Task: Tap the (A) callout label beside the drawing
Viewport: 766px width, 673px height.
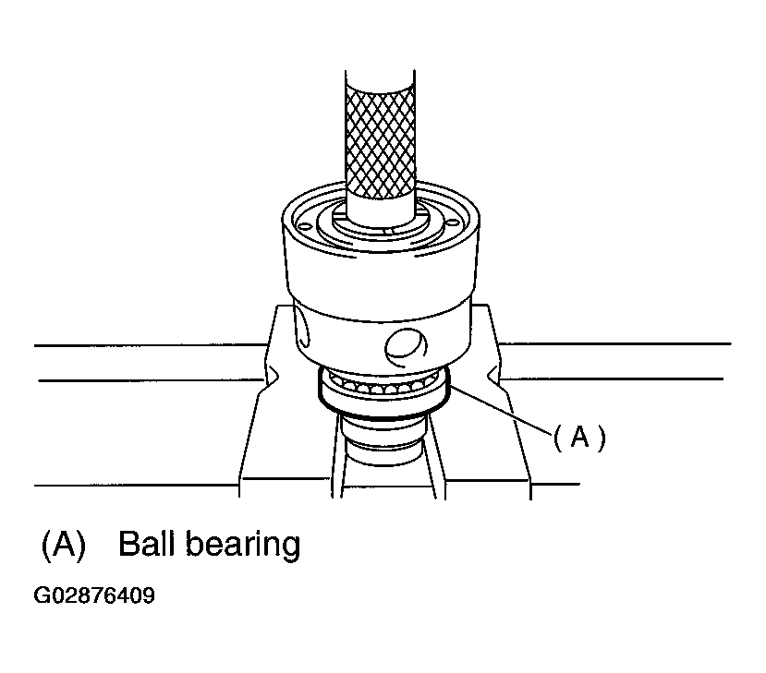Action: (x=579, y=437)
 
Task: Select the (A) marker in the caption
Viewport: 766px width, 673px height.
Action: (x=64, y=544)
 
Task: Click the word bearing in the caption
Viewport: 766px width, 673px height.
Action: (x=243, y=546)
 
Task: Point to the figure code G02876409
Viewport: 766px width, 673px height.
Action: (x=94, y=595)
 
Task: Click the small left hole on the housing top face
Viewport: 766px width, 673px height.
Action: (x=304, y=226)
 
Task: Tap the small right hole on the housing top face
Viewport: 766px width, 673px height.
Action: (x=454, y=222)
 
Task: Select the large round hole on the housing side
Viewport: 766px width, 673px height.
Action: (x=406, y=347)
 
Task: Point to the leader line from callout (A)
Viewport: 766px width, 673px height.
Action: (x=500, y=407)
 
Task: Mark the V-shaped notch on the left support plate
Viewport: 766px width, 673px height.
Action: (x=272, y=376)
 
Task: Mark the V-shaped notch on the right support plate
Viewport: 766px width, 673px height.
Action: (x=493, y=376)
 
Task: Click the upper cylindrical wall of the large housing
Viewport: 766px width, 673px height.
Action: (x=381, y=273)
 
